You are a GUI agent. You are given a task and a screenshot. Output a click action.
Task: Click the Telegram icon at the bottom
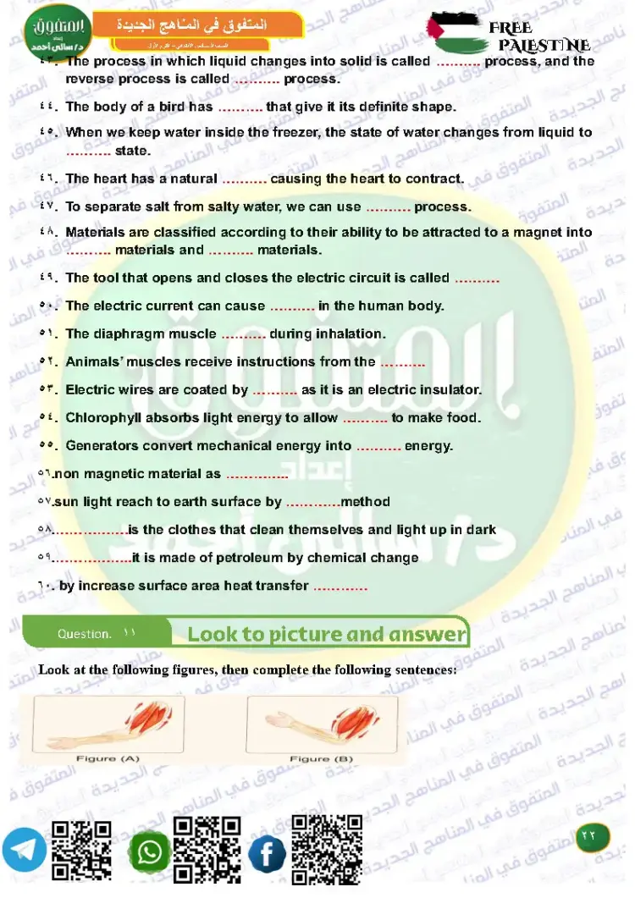[x=24, y=849]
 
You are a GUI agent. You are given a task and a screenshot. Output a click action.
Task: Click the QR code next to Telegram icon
[x=82, y=851]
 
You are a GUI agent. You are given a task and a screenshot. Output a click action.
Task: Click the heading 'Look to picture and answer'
[x=327, y=634]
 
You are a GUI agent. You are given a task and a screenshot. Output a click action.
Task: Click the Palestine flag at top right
[x=453, y=32]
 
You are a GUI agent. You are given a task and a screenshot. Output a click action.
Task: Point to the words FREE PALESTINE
[x=542, y=36]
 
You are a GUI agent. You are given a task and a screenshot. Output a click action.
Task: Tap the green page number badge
[x=589, y=835]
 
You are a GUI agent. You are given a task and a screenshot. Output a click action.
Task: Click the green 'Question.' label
[x=84, y=634]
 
